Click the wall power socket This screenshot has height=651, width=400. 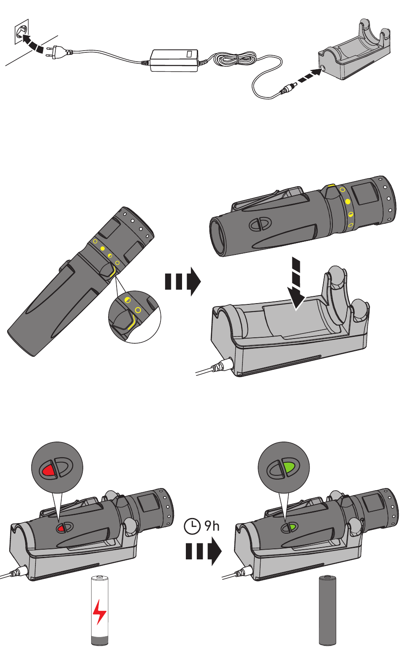[x=20, y=30]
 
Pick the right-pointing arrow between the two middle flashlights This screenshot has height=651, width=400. [x=182, y=281]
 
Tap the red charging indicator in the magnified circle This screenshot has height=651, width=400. [x=49, y=469]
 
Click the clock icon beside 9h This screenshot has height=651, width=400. [x=193, y=526]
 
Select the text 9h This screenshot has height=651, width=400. [x=212, y=526]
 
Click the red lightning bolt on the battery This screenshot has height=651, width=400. [x=99, y=611]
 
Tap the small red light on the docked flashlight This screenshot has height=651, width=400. [x=61, y=528]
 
